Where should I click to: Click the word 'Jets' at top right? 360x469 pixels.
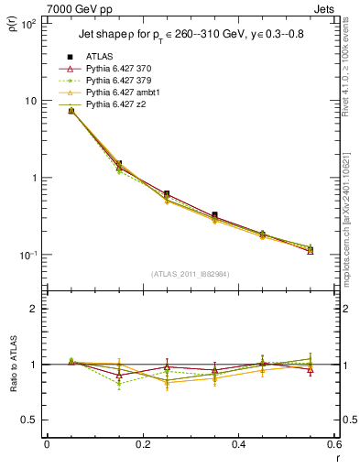pyautogui.click(x=324, y=8)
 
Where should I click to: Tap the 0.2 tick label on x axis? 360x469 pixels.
pyautogui.click(x=142, y=444)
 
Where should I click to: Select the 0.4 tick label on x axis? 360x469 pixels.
pyautogui.click(x=238, y=444)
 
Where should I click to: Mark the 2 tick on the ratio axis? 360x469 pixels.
pyautogui.click(x=31, y=309)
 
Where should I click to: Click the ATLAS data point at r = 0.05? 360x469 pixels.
pyautogui.click(x=71, y=110)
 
